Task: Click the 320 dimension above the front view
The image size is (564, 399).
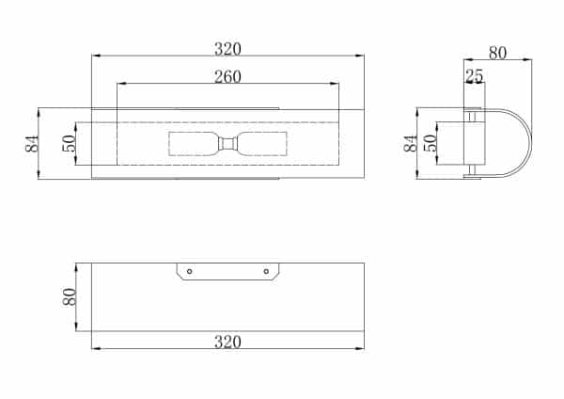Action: pyautogui.click(x=227, y=49)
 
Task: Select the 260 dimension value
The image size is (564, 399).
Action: pyautogui.click(x=227, y=77)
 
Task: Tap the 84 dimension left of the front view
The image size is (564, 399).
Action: pyautogui.click(x=32, y=144)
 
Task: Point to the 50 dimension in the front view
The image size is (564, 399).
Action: pyautogui.click(x=69, y=143)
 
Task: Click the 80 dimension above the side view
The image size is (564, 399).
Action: pyautogui.click(x=498, y=53)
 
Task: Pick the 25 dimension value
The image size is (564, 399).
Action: pyautogui.click(x=475, y=76)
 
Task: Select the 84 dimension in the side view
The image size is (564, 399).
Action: pyautogui.click(x=411, y=143)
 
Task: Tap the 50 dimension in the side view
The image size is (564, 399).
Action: pyautogui.click(x=431, y=143)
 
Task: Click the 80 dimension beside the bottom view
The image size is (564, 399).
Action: pyautogui.click(x=70, y=297)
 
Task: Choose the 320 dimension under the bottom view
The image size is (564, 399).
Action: pyautogui.click(x=227, y=342)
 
